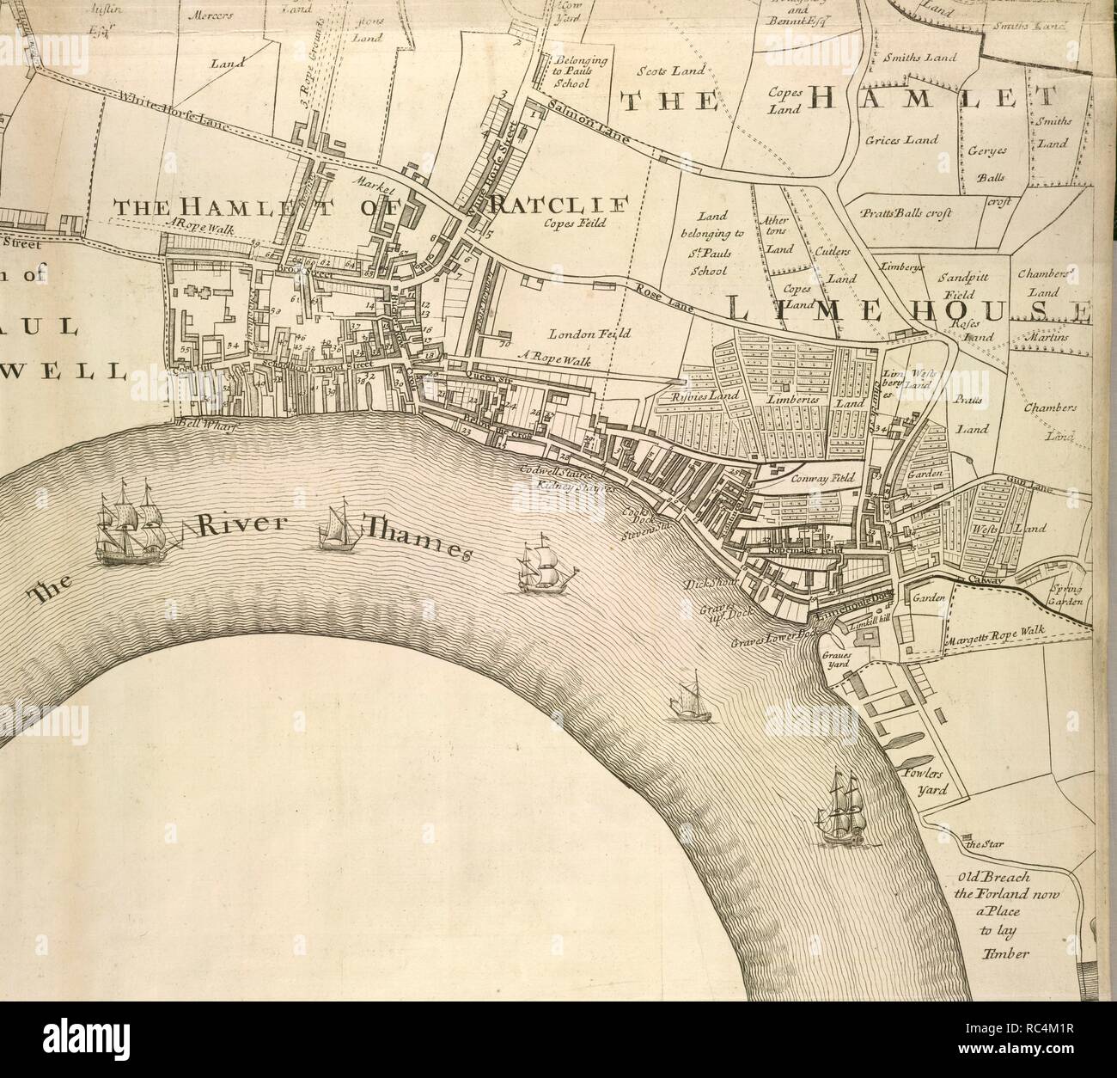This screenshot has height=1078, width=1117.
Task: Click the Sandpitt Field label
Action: click(x=965, y=285)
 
